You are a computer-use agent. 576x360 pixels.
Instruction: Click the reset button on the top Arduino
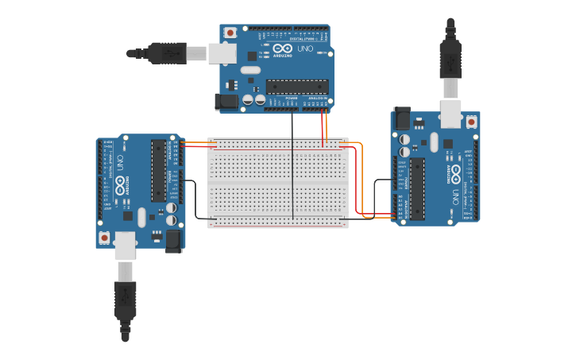(x=230, y=33)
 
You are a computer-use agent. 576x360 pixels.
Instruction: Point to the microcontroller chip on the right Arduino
(x=417, y=188)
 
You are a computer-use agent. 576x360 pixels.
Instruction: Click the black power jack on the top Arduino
(x=226, y=102)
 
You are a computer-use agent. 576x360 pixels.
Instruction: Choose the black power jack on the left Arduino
(x=172, y=242)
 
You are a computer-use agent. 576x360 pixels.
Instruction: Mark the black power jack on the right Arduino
(x=402, y=118)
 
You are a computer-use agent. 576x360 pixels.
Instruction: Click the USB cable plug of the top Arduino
(x=167, y=53)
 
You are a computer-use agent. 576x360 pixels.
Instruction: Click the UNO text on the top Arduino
(x=304, y=49)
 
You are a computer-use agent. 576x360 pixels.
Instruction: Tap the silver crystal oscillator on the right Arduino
(x=433, y=142)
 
